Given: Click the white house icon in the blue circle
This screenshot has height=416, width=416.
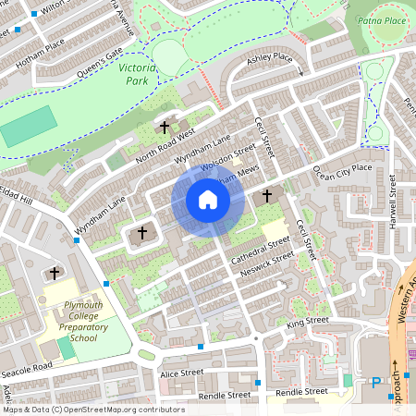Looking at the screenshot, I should (x=208, y=200).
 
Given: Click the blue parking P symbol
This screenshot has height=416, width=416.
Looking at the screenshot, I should (x=375, y=383).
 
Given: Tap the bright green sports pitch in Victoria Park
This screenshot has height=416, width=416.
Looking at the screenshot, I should (x=28, y=126).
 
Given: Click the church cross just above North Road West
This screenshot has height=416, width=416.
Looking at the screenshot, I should (x=165, y=127).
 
